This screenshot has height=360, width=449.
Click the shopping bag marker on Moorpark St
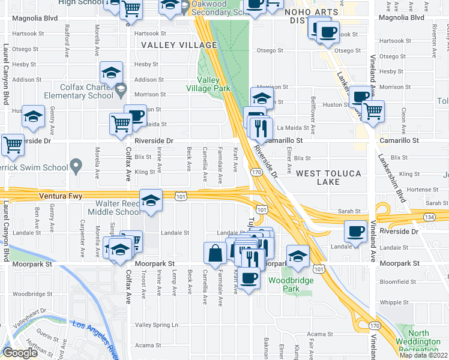click(215, 254)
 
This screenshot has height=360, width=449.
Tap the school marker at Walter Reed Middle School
click(151, 201)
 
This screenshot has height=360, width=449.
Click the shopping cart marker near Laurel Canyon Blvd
click(13, 145)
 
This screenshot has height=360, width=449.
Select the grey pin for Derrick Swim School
click(76, 164)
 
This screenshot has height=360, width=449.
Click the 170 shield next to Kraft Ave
click(256, 172)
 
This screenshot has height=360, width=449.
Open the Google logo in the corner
click(20, 353)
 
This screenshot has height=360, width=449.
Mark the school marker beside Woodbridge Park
click(298, 256)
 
